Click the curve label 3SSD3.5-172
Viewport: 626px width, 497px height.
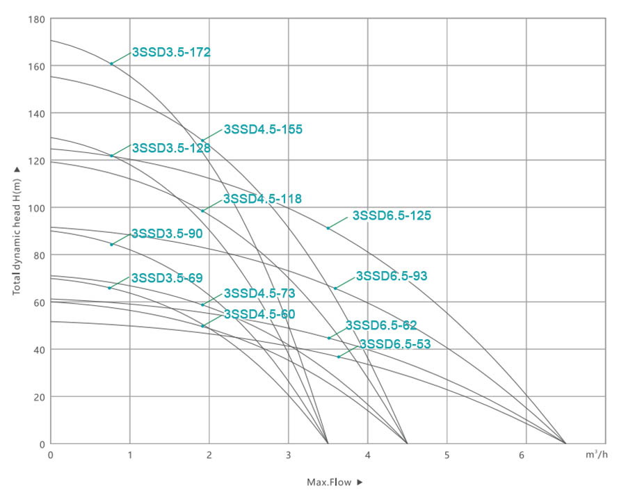(171, 52)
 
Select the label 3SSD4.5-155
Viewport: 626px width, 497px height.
(263, 129)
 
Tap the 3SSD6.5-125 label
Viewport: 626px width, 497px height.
(392, 215)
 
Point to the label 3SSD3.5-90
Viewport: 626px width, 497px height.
(167, 234)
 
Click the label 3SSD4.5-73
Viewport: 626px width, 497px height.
(259, 293)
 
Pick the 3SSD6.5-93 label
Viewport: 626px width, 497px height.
(392, 276)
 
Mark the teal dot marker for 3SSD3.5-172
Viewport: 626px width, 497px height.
(111, 64)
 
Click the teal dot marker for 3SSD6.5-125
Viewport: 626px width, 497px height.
(328, 228)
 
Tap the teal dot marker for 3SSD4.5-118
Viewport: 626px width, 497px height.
(202, 211)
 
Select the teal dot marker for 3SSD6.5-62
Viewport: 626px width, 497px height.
(329, 338)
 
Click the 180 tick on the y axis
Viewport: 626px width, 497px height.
(37, 19)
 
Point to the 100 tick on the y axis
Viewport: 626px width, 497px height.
(37, 208)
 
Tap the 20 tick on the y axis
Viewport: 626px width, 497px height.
(39, 397)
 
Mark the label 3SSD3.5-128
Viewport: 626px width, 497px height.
(171, 147)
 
